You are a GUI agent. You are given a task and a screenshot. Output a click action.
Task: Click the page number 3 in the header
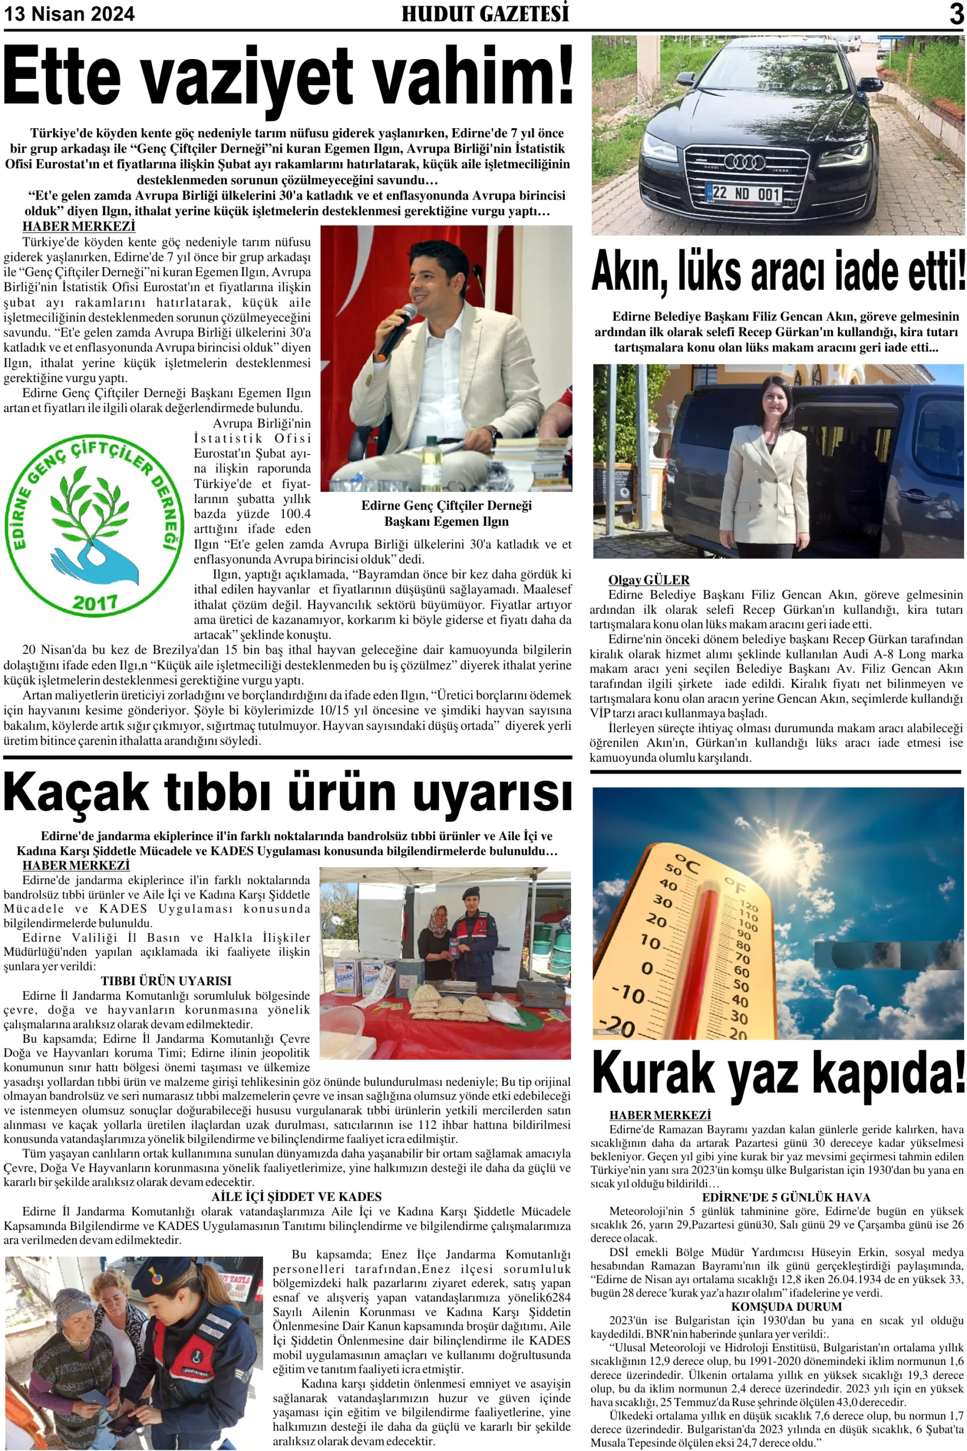click(x=956, y=14)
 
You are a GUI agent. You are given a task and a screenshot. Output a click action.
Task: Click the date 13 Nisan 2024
click(x=69, y=14)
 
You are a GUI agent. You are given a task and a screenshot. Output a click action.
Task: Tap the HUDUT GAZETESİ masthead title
click(x=485, y=14)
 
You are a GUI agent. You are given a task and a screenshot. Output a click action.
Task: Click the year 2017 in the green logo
click(x=95, y=602)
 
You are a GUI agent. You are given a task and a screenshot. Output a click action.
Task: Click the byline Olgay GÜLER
click(x=648, y=580)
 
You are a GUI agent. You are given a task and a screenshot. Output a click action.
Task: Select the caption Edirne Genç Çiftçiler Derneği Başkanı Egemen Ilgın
click(x=446, y=514)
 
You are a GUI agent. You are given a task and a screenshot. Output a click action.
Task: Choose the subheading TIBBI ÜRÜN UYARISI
click(x=166, y=981)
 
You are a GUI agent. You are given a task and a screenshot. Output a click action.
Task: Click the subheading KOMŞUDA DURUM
click(x=786, y=1306)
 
